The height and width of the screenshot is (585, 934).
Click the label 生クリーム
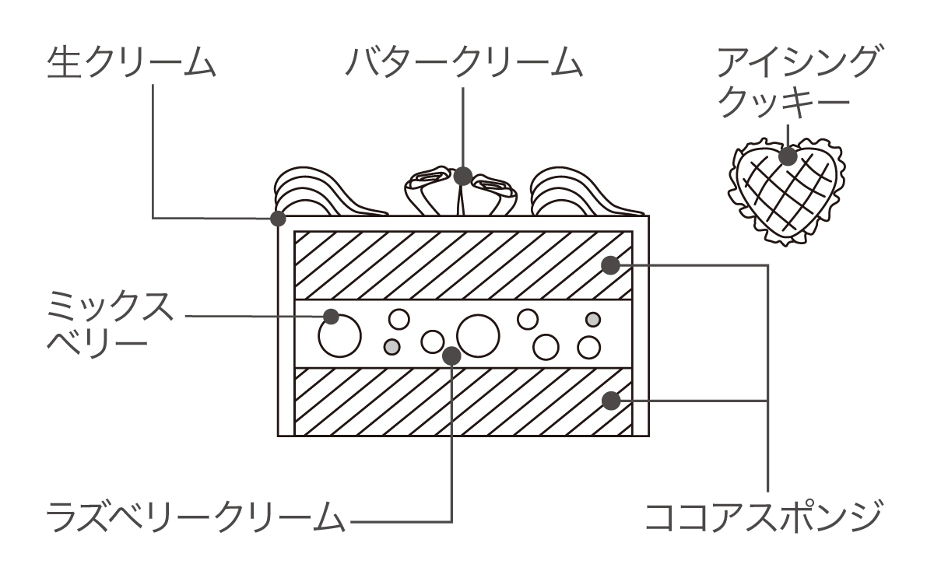[131, 62]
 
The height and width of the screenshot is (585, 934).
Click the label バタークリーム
[465, 62]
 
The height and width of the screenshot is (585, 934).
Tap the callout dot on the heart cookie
[788, 156]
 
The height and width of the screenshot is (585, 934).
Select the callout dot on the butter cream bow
[464, 176]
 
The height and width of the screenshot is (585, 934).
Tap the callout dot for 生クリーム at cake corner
[277, 218]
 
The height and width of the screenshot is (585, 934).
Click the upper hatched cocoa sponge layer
[463, 265]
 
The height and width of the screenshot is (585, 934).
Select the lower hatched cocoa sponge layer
[463, 401]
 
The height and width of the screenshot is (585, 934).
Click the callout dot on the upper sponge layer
[611, 265]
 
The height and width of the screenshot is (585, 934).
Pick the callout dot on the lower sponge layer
[611, 401]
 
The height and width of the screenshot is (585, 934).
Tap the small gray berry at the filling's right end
[593, 319]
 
